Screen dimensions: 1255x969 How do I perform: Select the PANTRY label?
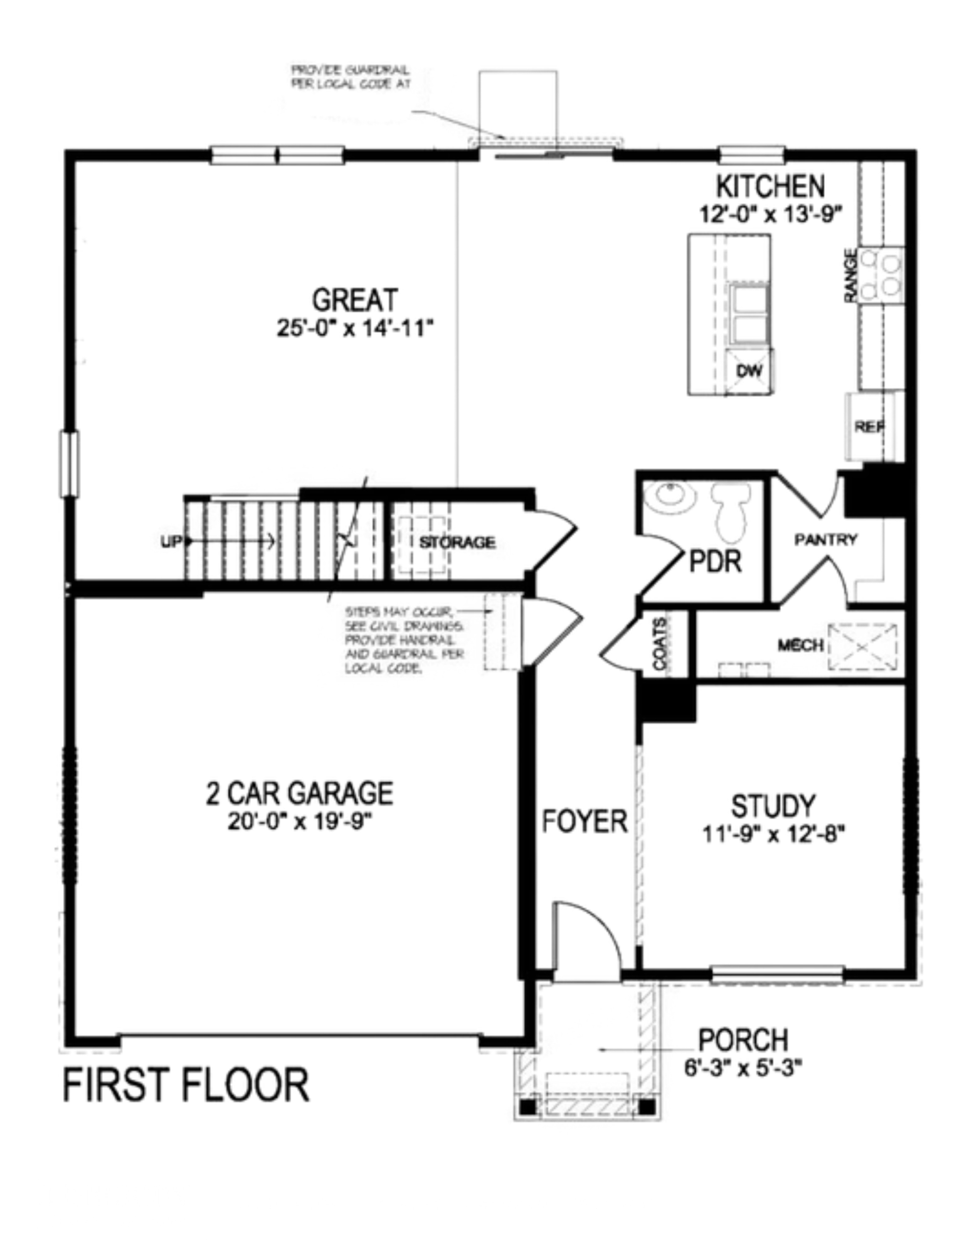click(825, 540)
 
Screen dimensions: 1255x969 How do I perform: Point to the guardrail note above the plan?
click(350, 77)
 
